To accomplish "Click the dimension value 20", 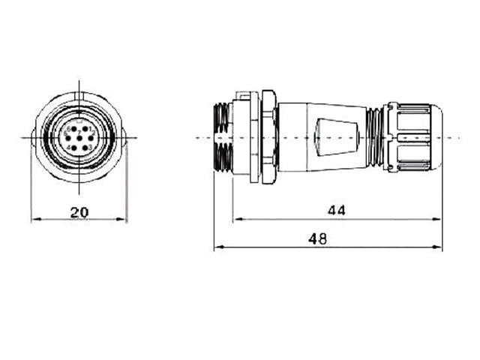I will click(x=79, y=212).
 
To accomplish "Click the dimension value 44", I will click(x=337, y=211).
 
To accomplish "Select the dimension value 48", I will click(x=317, y=238).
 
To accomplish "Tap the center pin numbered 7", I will click(x=79, y=138).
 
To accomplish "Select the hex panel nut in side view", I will click(x=268, y=138).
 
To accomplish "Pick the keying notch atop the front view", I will click(x=79, y=95).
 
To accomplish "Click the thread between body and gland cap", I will click(x=373, y=138).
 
